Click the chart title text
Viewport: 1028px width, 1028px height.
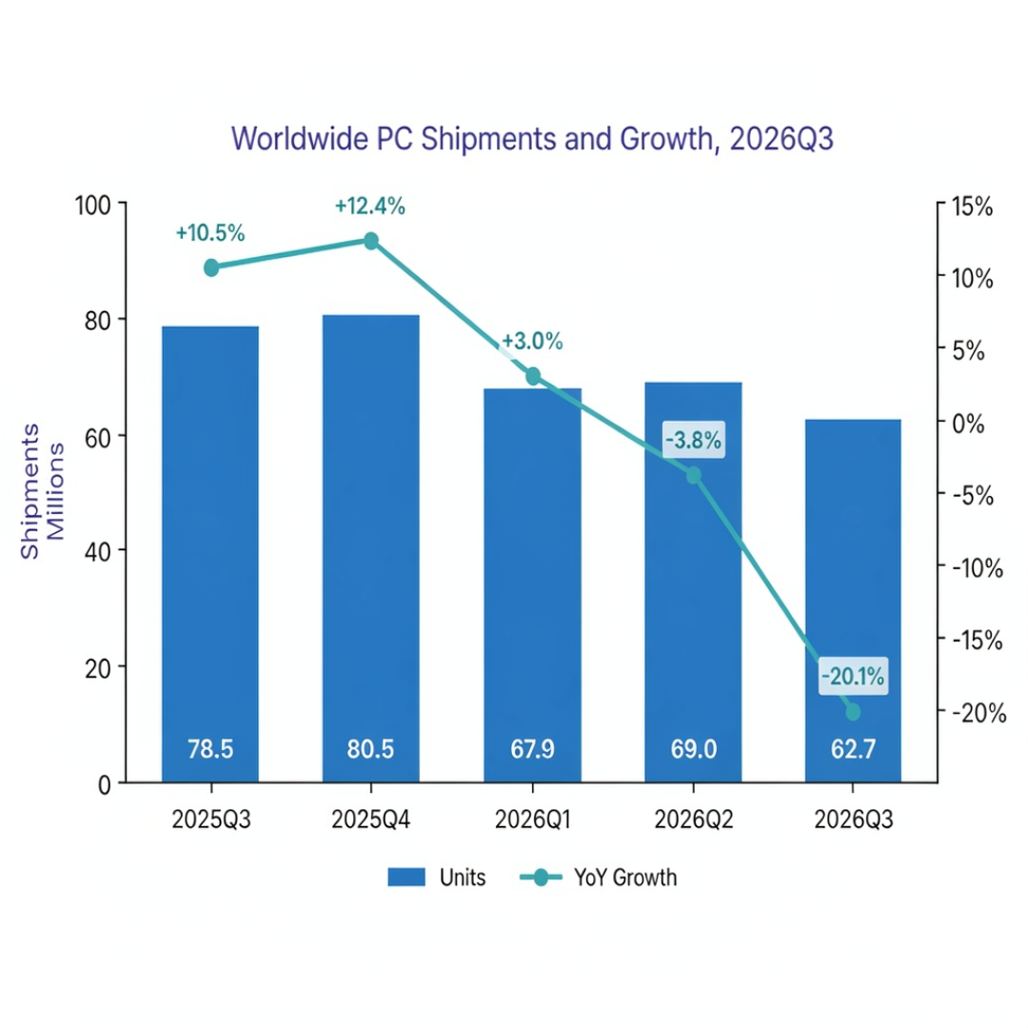coord(532,139)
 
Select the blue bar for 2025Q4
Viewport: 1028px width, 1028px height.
coord(371,549)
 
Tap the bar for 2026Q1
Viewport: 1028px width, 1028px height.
coord(532,585)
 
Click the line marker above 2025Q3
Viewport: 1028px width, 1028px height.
coord(211,267)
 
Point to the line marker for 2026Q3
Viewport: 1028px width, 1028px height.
coord(853,712)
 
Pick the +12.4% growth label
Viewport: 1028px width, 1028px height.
coord(369,207)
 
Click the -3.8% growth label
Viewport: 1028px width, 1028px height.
coord(694,440)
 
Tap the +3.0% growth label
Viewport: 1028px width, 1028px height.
coord(532,342)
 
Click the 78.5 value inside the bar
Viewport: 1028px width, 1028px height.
coord(210,749)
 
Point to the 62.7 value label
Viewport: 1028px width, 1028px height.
coord(853,749)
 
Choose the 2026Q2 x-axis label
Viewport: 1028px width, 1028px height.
coord(694,820)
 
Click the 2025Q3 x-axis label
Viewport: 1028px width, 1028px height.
coord(211,820)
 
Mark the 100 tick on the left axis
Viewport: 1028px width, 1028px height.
coord(93,206)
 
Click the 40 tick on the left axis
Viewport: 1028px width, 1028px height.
coord(98,552)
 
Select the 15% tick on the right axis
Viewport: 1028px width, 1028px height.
coord(972,207)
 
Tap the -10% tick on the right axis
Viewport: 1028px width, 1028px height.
coord(978,567)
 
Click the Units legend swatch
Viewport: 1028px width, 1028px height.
coord(406,878)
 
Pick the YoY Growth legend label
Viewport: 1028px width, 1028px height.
coord(625,878)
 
